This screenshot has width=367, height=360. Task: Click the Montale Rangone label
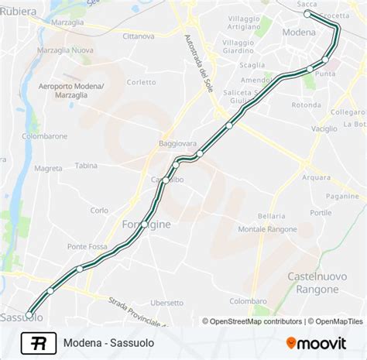(266, 229)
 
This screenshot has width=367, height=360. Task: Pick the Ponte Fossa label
(87, 246)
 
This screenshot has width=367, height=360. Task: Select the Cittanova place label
(139, 36)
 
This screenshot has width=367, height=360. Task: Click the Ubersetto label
(167, 303)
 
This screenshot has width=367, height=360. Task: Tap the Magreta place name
(48, 167)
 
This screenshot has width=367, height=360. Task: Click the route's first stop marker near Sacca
(307, 14)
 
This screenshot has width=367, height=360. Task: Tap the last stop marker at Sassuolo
(29, 314)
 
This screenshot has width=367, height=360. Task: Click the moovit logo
(320, 342)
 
